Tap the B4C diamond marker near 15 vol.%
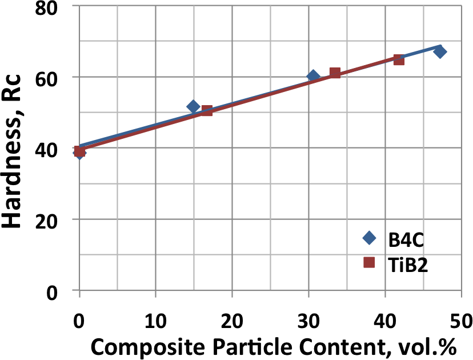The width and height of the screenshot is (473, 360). coord(193,106)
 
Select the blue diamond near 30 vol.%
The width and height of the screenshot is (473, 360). coord(313,76)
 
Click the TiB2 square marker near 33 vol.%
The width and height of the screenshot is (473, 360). coord(335,73)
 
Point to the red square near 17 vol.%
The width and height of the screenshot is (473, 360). coord(207,110)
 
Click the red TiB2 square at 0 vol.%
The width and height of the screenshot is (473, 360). coord(79,151)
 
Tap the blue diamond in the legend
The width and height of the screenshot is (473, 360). coord(369,238)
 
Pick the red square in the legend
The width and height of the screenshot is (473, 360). coord(369,262)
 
